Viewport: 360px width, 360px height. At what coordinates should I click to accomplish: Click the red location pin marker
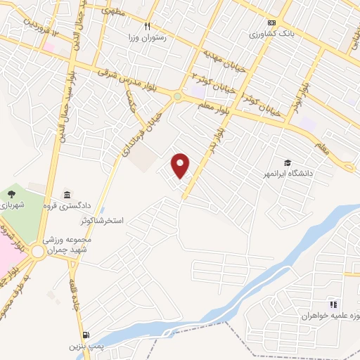[x=181, y=165]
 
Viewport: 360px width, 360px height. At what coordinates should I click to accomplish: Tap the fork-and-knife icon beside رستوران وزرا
[x=148, y=26]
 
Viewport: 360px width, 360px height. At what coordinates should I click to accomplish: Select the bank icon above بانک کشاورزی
[x=271, y=22]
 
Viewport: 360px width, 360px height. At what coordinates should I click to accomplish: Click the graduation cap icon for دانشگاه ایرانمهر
[x=287, y=162]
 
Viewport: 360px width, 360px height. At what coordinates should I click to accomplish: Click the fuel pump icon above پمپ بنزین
[x=86, y=335]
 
